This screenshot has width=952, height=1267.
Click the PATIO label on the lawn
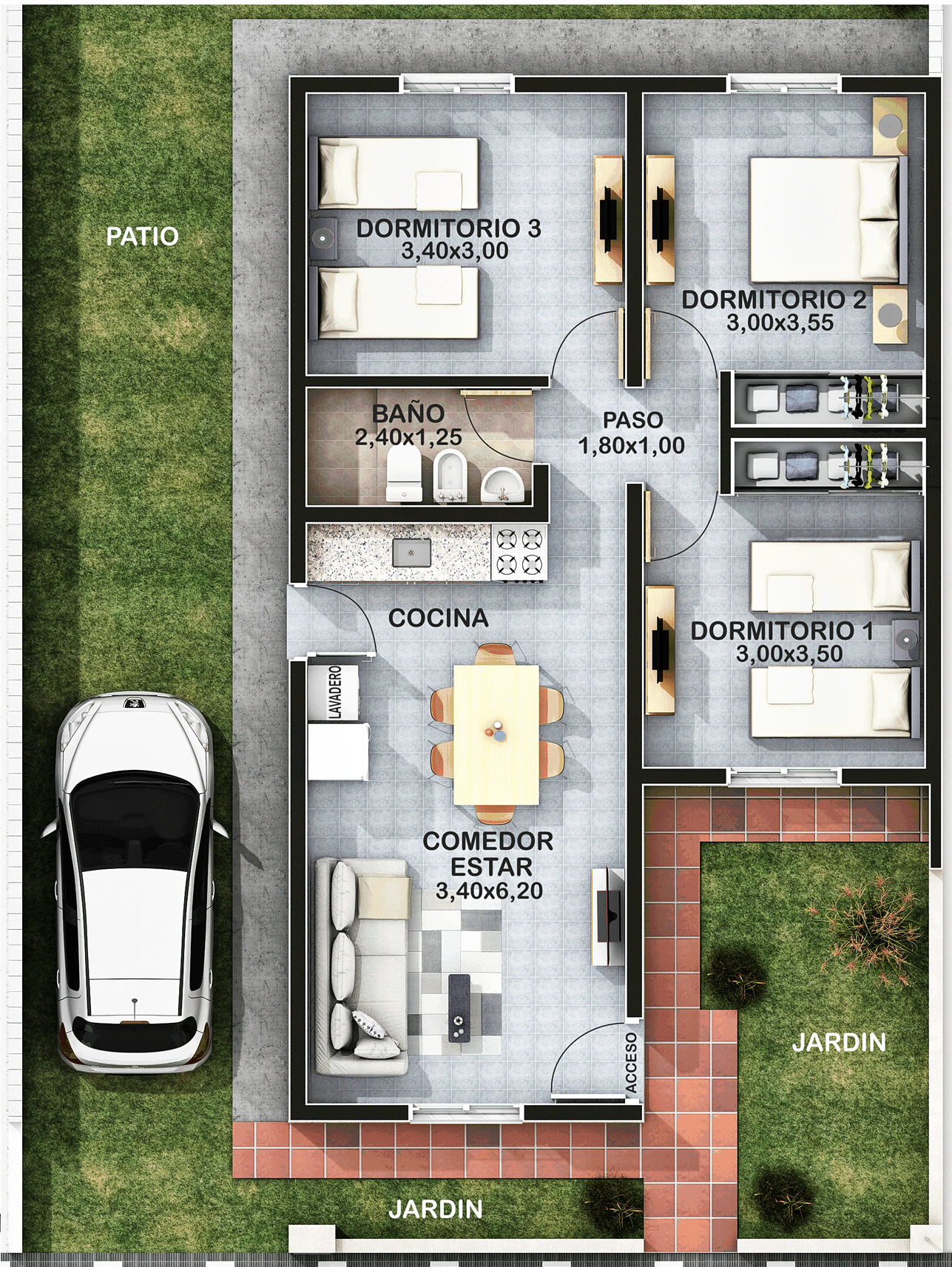[x=142, y=236]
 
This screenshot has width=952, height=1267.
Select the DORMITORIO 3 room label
[x=448, y=228]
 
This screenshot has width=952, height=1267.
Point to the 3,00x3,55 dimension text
[x=780, y=322]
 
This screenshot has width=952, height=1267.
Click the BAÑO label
[x=408, y=413]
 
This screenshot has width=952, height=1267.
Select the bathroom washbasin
[x=503, y=484]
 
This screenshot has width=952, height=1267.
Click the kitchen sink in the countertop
[x=411, y=552]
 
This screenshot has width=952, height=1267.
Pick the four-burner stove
[x=519, y=552]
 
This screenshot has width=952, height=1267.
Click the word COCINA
[x=438, y=618]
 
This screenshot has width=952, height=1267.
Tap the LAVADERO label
[x=334, y=692]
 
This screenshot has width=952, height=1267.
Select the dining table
[x=496, y=734]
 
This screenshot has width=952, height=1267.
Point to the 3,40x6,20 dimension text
[x=489, y=891]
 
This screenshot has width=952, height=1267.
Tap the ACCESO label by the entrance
[x=631, y=1062]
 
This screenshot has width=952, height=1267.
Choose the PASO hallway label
[x=632, y=419]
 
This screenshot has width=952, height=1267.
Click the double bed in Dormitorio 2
[x=828, y=220]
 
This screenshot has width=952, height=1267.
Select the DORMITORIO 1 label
[x=782, y=630]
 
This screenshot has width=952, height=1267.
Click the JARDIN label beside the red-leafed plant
[x=839, y=1042]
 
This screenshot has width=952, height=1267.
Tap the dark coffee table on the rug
[x=459, y=1008]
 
